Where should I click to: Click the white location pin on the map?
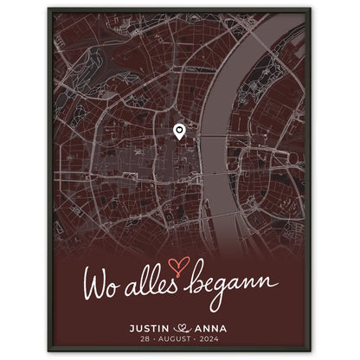pyautogui.click(x=179, y=132)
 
